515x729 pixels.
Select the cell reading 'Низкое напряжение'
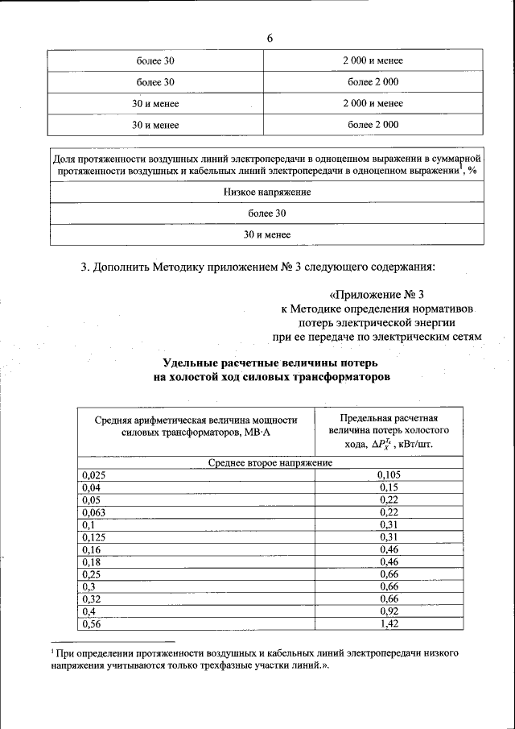point(267,193)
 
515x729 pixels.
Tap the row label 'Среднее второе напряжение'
point(266,464)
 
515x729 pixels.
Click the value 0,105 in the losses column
point(389,475)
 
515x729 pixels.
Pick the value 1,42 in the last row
point(389,623)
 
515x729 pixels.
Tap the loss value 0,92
point(389,611)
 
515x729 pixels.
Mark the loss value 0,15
point(389,488)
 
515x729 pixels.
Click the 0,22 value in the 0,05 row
point(389,500)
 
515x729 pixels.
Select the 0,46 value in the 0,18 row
point(389,562)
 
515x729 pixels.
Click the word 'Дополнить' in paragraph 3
point(126,266)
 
